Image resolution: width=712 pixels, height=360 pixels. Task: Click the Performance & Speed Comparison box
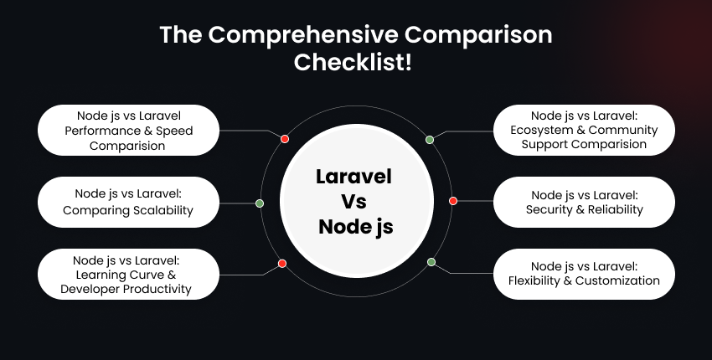point(129,130)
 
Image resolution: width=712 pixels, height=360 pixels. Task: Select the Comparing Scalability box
point(129,202)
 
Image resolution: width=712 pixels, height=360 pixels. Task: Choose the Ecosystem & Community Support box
point(584,130)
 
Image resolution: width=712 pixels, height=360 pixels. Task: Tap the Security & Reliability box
point(584,202)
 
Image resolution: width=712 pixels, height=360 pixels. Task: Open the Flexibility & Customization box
point(584,274)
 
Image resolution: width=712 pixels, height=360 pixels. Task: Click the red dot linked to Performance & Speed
point(285,139)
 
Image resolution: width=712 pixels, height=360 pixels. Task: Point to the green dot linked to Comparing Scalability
point(260,203)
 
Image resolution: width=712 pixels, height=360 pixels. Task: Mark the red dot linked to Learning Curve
point(282,264)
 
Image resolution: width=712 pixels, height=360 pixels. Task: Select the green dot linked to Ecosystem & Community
point(430,140)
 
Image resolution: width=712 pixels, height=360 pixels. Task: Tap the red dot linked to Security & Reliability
point(453,201)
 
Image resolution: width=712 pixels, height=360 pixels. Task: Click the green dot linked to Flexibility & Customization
point(431,262)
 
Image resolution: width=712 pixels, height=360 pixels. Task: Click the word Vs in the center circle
point(354,201)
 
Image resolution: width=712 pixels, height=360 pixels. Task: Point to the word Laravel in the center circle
point(354,177)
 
